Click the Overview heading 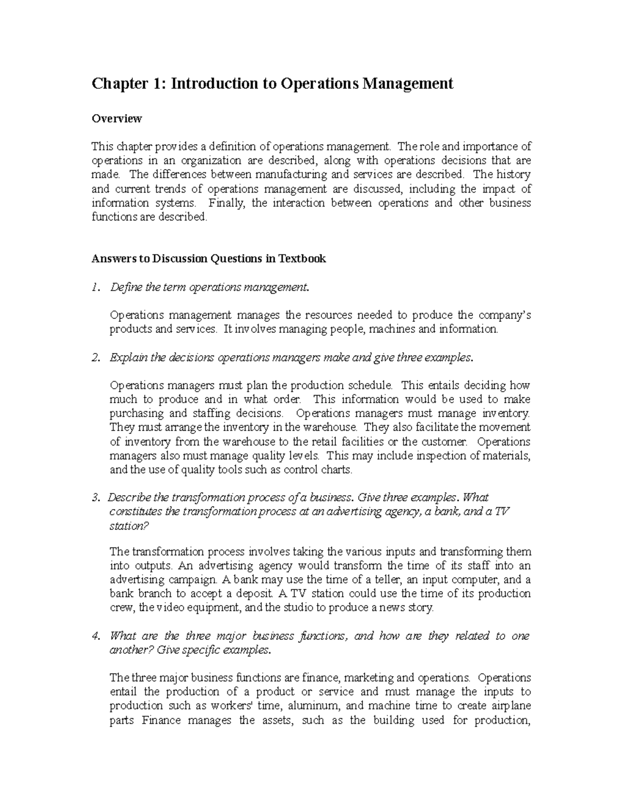[x=116, y=119]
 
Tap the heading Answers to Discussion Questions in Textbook [x=208, y=258]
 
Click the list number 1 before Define [x=94, y=287]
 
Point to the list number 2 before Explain [x=94, y=358]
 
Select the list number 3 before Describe [x=94, y=498]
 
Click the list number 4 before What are [x=94, y=636]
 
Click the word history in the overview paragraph [x=513, y=174]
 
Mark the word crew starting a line [x=121, y=608]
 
